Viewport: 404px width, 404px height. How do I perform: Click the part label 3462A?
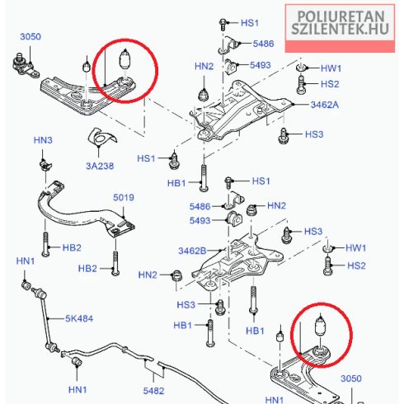(x=325, y=105)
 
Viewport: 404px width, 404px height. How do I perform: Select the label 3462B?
(x=192, y=251)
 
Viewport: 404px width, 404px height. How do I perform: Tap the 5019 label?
(x=124, y=197)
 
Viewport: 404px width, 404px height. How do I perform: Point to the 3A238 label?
(x=100, y=166)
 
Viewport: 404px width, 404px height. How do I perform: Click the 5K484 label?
(x=79, y=318)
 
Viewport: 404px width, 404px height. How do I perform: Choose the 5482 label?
(x=153, y=391)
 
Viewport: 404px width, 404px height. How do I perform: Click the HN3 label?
(x=43, y=140)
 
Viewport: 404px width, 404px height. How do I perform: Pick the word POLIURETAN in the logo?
(x=341, y=16)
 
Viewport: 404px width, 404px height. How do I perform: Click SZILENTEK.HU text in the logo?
(x=341, y=29)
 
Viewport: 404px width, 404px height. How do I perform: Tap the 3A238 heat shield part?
(x=101, y=137)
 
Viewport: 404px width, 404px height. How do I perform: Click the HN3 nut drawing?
(x=45, y=165)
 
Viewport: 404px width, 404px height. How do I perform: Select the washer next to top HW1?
(x=302, y=68)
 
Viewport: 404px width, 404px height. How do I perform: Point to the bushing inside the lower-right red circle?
(x=320, y=326)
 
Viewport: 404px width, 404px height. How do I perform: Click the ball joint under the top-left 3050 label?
(x=24, y=66)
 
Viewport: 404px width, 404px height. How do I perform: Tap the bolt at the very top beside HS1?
(x=223, y=24)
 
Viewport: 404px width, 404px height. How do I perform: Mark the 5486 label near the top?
(x=263, y=44)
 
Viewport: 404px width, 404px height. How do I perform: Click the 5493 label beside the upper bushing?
(x=261, y=65)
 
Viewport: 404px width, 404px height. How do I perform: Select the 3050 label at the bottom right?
(x=351, y=378)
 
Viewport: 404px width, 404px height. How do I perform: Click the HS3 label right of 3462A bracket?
(x=314, y=134)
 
